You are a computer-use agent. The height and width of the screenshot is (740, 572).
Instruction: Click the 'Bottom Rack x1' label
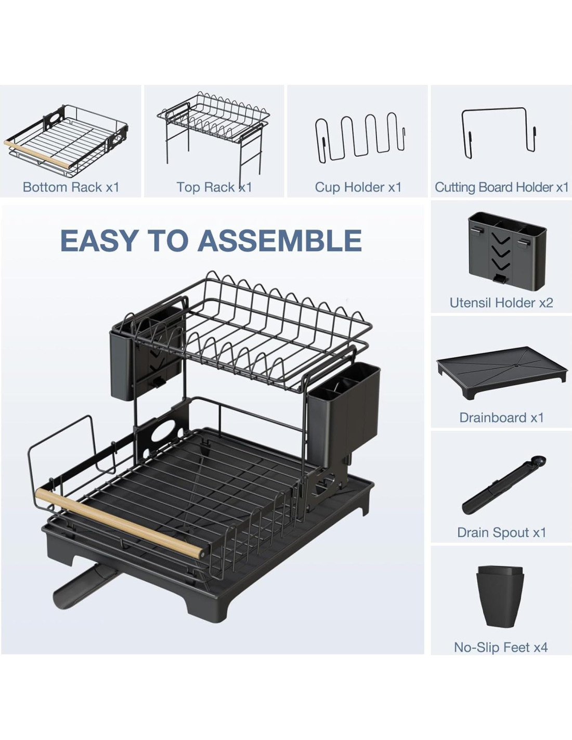[x=71, y=187]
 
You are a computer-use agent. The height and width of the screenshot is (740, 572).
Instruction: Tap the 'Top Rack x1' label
[x=214, y=187]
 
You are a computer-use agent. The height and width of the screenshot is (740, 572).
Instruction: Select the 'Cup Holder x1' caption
[x=358, y=187]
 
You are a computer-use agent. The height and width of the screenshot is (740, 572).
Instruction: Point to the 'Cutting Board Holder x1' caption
[x=502, y=187]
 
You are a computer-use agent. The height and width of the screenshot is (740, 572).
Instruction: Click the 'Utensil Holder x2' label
[x=501, y=302]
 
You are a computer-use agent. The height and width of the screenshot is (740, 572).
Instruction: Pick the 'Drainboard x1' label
[x=501, y=417]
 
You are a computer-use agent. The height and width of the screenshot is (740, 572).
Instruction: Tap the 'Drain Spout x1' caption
[x=501, y=532]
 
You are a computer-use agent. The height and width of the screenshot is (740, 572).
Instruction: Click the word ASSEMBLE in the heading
[x=280, y=240]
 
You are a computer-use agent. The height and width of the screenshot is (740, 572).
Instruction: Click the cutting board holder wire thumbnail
[x=499, y=134]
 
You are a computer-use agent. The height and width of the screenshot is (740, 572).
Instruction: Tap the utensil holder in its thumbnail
[x=507, y=249]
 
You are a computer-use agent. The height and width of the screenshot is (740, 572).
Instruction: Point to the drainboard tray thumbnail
[x=502, y=373]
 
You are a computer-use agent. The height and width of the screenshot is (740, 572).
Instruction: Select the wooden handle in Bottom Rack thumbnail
[x=37, y=154]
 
